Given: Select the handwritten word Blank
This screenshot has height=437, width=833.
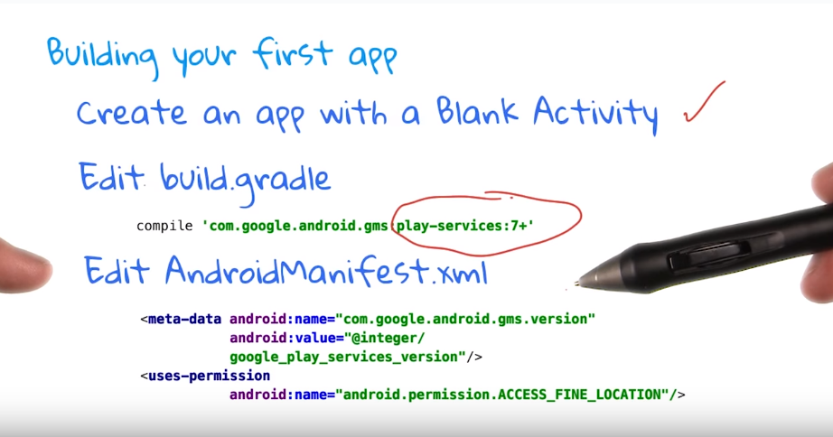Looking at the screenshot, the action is pyautogui.click(x=476, y=111).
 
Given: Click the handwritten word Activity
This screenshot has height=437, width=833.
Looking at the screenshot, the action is pyautogui.click(x=595, y=114).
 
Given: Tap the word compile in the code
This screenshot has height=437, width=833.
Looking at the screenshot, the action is pyautogui.click(x=164, y=227).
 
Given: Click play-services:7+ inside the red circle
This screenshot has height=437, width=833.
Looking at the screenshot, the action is pyautogui.click(x=465, y=226).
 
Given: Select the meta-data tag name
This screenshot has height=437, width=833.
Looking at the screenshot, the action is pyautogui.click(x=184, y=319).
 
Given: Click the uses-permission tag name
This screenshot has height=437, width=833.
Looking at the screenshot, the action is pyautogui.click(x=209, y=376).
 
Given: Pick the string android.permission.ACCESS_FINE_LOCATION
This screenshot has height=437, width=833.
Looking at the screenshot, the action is pyautogui.click(x=505, y=395).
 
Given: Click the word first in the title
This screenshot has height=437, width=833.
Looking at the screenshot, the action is pyautogui.click(x=292, y=53).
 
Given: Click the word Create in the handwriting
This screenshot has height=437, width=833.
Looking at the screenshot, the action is pyautogui.click(x=131, y=113).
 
